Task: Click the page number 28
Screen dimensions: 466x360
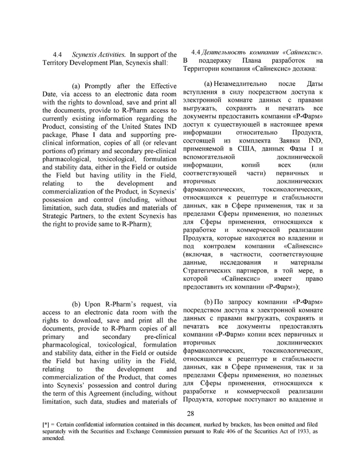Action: pyautogui.click(x=190, y=413)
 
